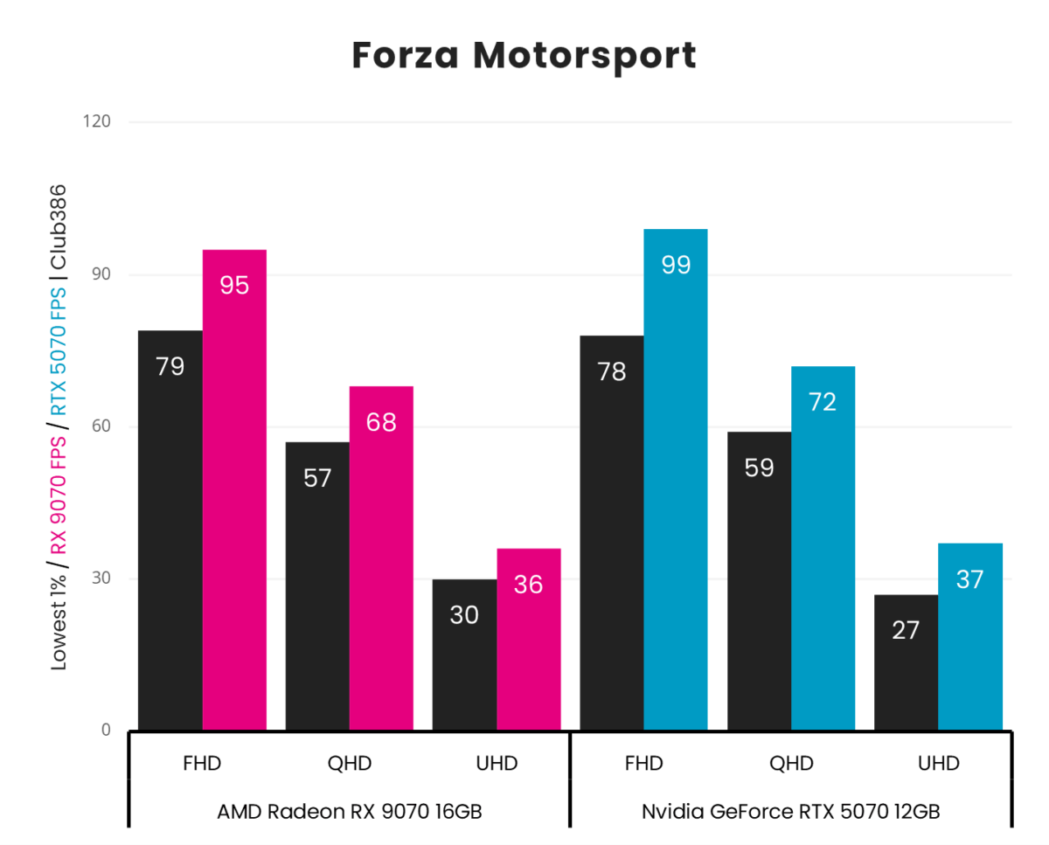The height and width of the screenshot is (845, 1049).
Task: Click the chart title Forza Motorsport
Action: [x=524, y=56]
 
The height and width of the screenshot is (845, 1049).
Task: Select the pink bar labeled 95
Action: [x=234, y=489]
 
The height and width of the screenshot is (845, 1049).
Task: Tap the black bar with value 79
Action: [x=170, y=530]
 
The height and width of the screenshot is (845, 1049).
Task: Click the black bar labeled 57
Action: [x=317, y=585]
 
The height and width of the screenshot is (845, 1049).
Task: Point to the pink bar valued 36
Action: [x=529, y=639]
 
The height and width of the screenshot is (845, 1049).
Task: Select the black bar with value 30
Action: [x=464, y=655]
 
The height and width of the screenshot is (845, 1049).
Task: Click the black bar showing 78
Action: [x=612, y=532]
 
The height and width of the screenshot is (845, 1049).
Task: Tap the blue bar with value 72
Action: [x=823, y=548]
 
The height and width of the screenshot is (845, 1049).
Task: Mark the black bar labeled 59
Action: [x=759, y=580]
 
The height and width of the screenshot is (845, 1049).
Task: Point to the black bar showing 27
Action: [x=906, y=662]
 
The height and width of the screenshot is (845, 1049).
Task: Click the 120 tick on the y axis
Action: [x=99, y=121]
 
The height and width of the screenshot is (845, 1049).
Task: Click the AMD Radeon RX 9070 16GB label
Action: [x=350, y=811]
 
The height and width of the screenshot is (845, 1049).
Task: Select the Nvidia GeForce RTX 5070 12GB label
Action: [x=791, y=811]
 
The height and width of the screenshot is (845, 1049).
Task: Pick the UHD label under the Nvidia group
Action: [x=938, y=763]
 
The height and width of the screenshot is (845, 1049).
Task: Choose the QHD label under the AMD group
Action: [x=350, y=763]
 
